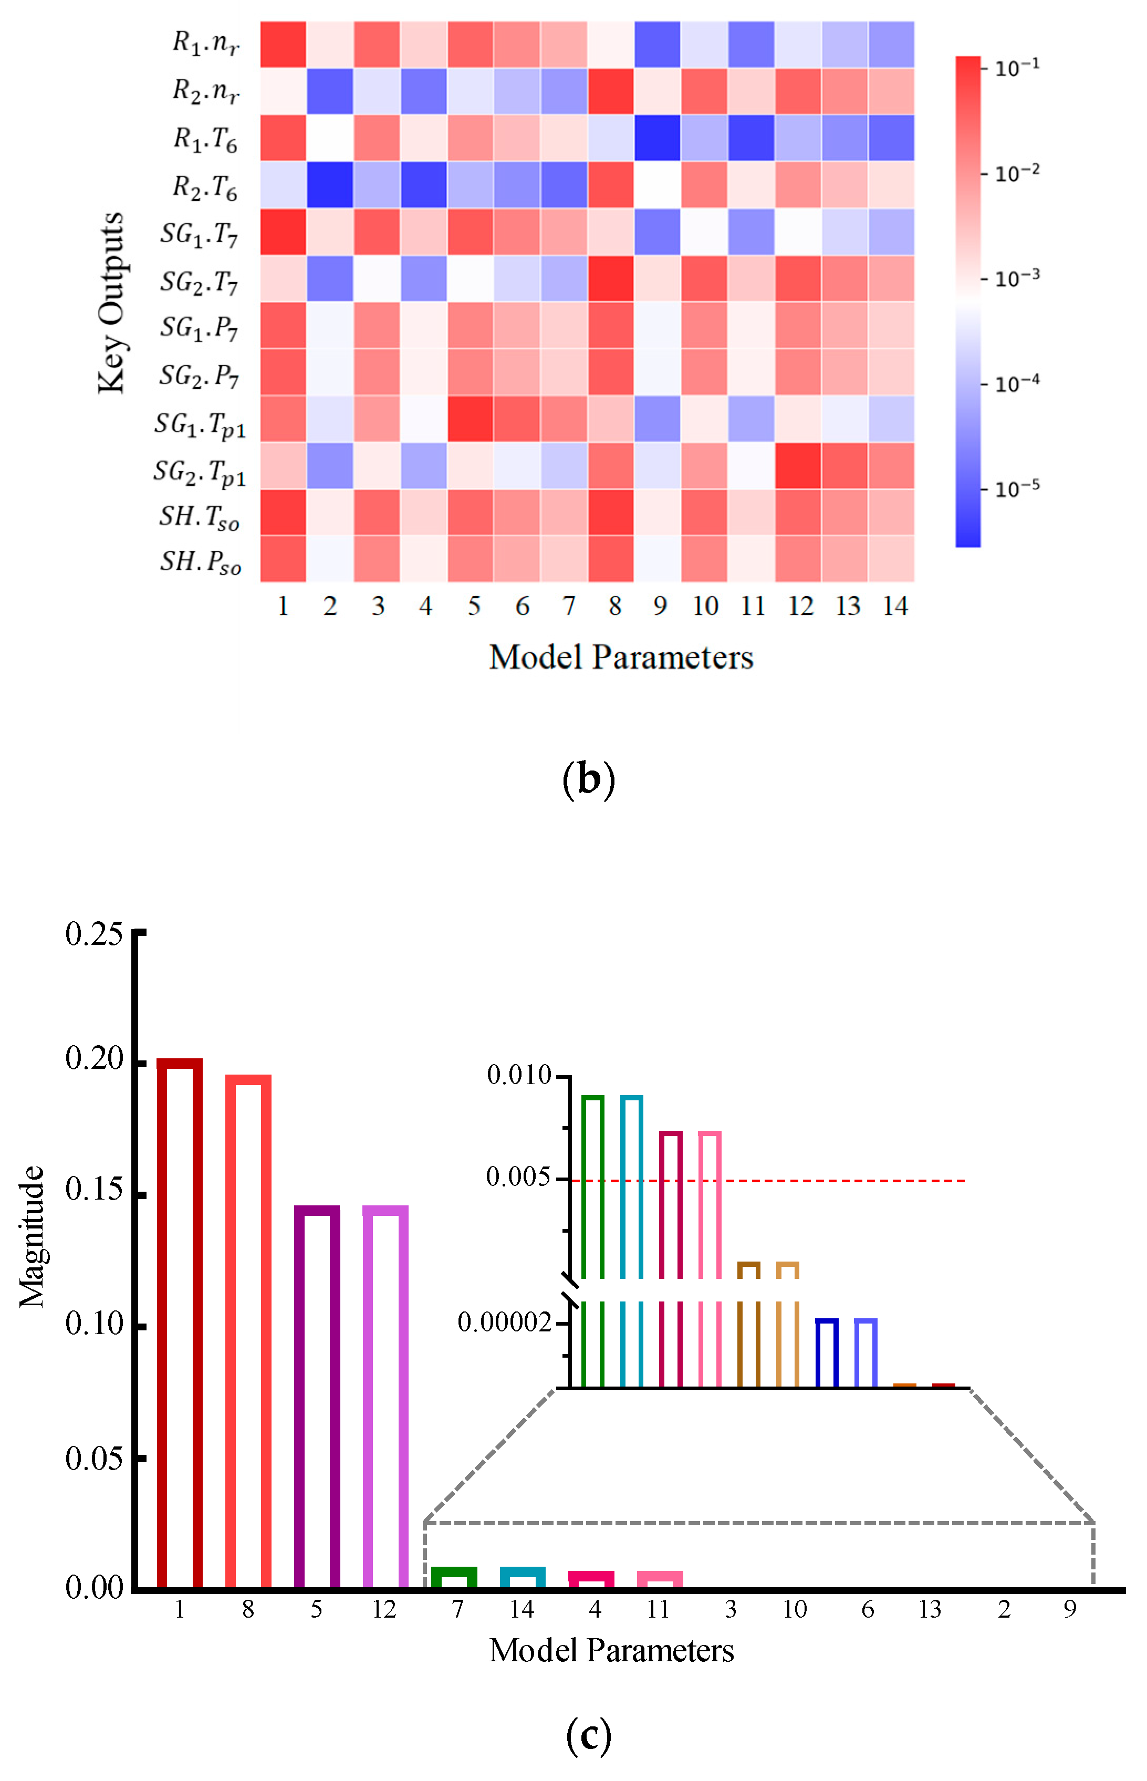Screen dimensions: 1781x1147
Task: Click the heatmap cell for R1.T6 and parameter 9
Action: click(x=658, y=138)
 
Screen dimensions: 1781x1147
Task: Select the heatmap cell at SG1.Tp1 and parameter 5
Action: click(x=470, y=419)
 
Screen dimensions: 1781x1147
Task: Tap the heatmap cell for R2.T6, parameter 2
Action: click(x=330, y=185)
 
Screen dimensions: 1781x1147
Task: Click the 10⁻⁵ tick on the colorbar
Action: click(x=1017, y=490)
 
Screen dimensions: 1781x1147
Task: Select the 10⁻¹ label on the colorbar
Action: click(x=1017, y=68)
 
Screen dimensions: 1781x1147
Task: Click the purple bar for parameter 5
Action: click(x=317, y=1397)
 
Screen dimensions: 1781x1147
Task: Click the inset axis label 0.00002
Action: click(x=504, y=1323)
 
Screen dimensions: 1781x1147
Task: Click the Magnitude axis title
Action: click(x=32, y=1236)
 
